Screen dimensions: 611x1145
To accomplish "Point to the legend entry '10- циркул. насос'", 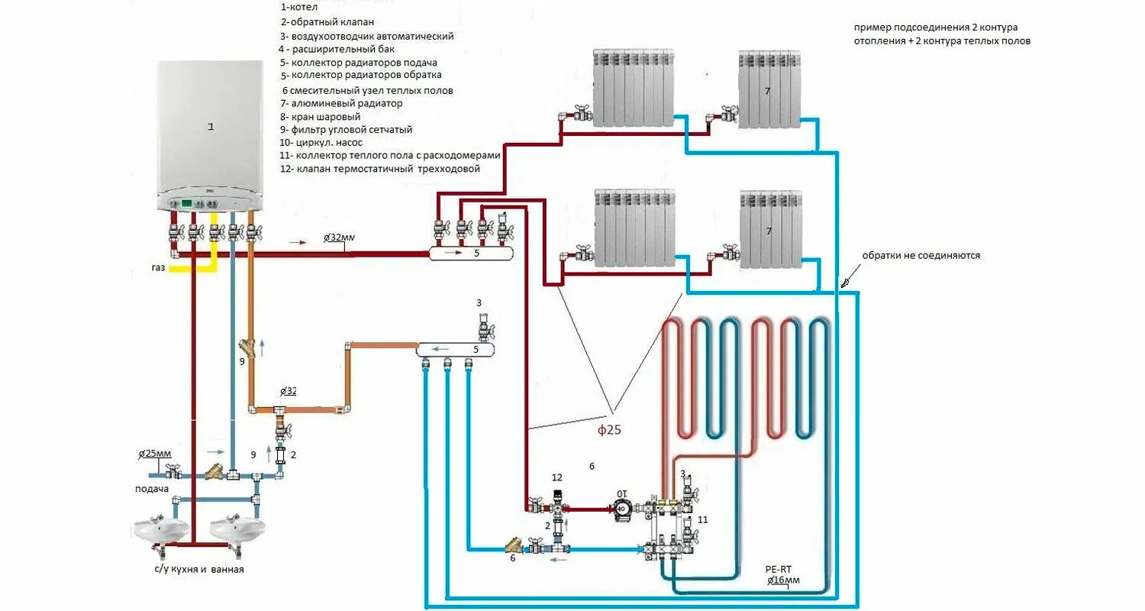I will (321, 142).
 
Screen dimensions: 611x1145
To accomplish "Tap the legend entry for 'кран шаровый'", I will (321, 117).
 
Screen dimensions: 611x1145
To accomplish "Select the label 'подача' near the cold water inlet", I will (151, 490).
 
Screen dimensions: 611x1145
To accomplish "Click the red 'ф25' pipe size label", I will (609, 430).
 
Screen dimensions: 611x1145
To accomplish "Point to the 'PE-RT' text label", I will (780, 570).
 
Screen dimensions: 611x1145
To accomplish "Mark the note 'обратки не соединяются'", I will (921, 256).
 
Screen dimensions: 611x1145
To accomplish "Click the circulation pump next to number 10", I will (621, 509).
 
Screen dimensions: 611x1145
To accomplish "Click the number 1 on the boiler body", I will (211, 127).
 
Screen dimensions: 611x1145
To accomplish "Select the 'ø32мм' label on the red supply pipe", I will (339, 238).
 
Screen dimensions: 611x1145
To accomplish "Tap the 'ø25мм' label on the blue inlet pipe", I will (155, 454).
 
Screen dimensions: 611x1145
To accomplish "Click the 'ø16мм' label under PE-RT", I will (783, 581).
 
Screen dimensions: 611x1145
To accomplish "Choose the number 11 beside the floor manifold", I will (702, 519).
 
